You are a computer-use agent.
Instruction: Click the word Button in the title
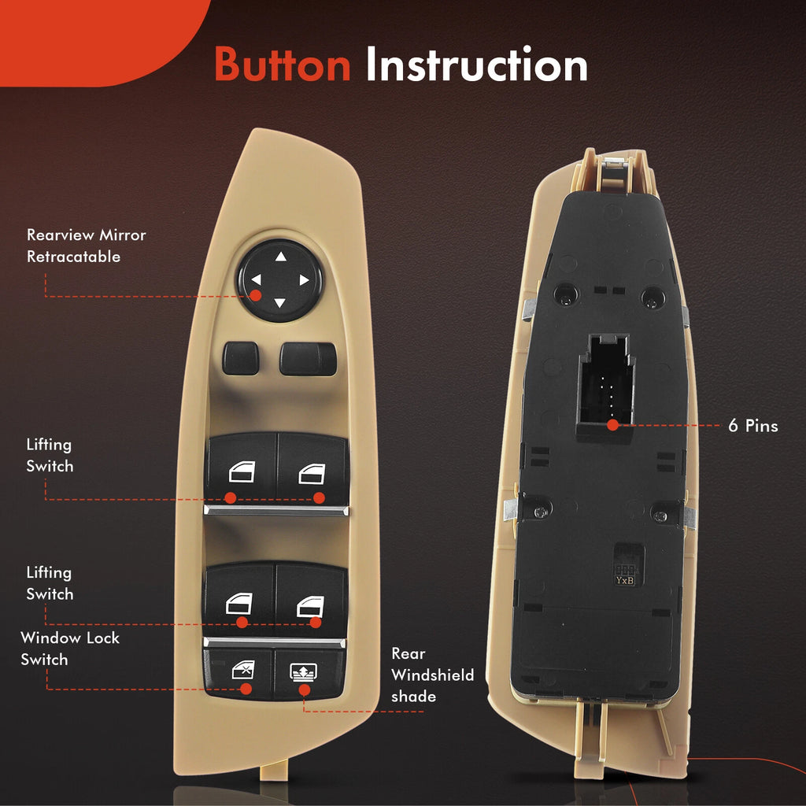click(283, 65)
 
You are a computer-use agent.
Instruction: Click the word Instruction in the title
click(476, 65)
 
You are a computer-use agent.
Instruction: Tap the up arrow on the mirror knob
click(281, 256)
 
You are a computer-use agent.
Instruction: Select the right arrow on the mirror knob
click(305, 280)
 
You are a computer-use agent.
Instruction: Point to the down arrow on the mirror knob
click(279, 303)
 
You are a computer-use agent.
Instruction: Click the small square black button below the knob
click(241, 358)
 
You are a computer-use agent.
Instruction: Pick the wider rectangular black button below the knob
click(308, 359)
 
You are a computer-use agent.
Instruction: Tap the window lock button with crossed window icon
click(238, 674)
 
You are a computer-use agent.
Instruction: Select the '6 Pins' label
click(753, 426)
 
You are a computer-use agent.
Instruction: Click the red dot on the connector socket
click(612, 425)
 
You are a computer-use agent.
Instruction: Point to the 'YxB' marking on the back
click(624, 580)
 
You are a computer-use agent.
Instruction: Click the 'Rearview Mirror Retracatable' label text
click(87, 246)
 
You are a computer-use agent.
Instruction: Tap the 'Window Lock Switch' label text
click(70, 649)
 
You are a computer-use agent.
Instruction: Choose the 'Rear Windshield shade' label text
click(432, 675)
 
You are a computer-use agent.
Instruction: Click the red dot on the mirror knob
click(256, 296)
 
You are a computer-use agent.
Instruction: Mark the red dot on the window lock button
click(246, 689)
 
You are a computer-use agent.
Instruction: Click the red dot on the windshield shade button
click(305, 690)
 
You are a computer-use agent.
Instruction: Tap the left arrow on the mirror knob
click(256, 279)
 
